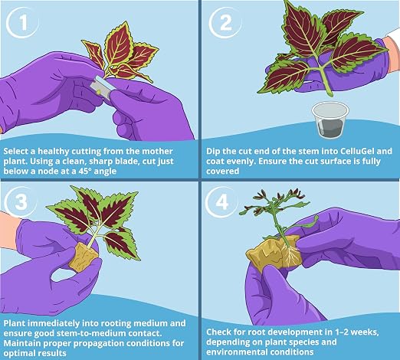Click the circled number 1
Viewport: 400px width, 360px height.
(22, 23)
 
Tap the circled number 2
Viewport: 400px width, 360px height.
(225, 23)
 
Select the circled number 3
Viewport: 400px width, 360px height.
(21, 201)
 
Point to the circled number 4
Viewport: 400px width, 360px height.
(221, 201)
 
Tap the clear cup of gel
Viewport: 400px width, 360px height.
(330, 120)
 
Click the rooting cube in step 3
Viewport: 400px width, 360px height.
(84, 257)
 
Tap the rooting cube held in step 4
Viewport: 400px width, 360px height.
(274, 251)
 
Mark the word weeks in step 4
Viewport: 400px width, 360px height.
(368, 332)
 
